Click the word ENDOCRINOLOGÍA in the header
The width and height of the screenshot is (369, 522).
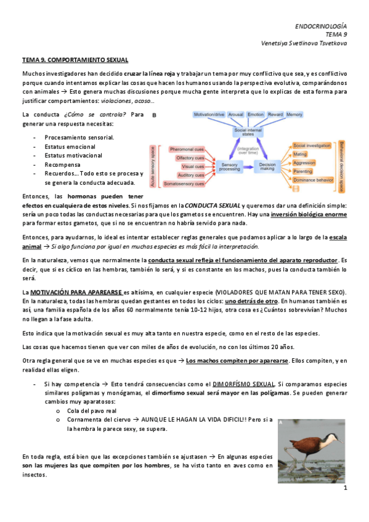click(320, 26)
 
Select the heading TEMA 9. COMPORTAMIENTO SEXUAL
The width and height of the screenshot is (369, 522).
click(75, 60)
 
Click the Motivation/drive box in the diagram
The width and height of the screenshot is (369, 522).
click(208, 114)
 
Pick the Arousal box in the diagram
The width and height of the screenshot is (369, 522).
click(235, 114)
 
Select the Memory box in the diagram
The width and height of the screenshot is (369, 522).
click(294, 114)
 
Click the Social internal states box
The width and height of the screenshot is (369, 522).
click(248, 131)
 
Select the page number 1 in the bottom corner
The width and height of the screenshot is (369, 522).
click(346, 488)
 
